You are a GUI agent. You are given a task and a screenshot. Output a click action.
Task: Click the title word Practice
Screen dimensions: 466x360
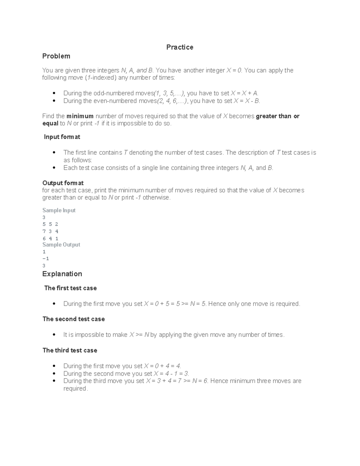pyautogui.click(x=180, y=47)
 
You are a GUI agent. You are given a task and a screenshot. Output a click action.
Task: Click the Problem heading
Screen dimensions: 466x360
pyautogui.click(x=56, y=56)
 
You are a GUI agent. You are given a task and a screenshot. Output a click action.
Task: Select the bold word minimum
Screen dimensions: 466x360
pyautogui.click(x=80, y=116)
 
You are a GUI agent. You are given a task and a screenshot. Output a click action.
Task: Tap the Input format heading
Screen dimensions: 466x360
pyautogui.click(x=62, y=137)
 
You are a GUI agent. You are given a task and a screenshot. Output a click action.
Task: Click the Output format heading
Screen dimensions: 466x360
pyautogui.click(x=63, y=183)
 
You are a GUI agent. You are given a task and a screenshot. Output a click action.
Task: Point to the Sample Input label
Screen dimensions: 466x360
pyautogui.click(x=59, y=210)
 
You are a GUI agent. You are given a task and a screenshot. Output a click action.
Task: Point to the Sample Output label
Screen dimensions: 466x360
pyautogui.click(x=61, y=245)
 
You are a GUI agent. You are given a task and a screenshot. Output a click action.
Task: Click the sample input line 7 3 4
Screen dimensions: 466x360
pyautogui.click(x=50, y=231)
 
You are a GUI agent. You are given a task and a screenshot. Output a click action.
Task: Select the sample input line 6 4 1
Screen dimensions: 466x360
pyautogui.click(x=50, y=239)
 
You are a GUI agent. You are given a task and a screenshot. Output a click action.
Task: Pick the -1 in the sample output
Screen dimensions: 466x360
pyautogui.click(x=46, y=259)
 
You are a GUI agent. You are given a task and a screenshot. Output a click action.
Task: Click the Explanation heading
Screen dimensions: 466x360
pyautogui.click(x=62, y=274)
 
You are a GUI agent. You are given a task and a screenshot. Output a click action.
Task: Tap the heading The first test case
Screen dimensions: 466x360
pyautogui.click(x=70, y=288)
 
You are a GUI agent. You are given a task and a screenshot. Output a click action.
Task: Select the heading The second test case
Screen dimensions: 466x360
pyautogui.click(x=73, y=319)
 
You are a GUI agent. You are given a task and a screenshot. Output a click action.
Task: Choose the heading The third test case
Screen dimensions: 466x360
pyautogui.click(x=70, y=350)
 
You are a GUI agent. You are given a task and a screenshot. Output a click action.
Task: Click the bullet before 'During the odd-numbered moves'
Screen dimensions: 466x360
pyautogui.click(x=54, y=93)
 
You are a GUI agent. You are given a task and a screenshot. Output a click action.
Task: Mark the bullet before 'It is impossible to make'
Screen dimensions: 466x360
pyautogui.click(x=54, y=335)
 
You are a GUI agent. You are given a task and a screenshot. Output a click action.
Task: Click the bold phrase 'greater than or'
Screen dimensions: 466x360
pyautogui.click(x=277, y=116)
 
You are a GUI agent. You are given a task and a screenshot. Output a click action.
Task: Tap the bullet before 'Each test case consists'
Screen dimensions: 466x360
pyautogui.click(x=54, y=168)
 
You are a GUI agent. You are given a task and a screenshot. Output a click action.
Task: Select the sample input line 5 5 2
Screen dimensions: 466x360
pyautogui.click(x=50, y=224)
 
